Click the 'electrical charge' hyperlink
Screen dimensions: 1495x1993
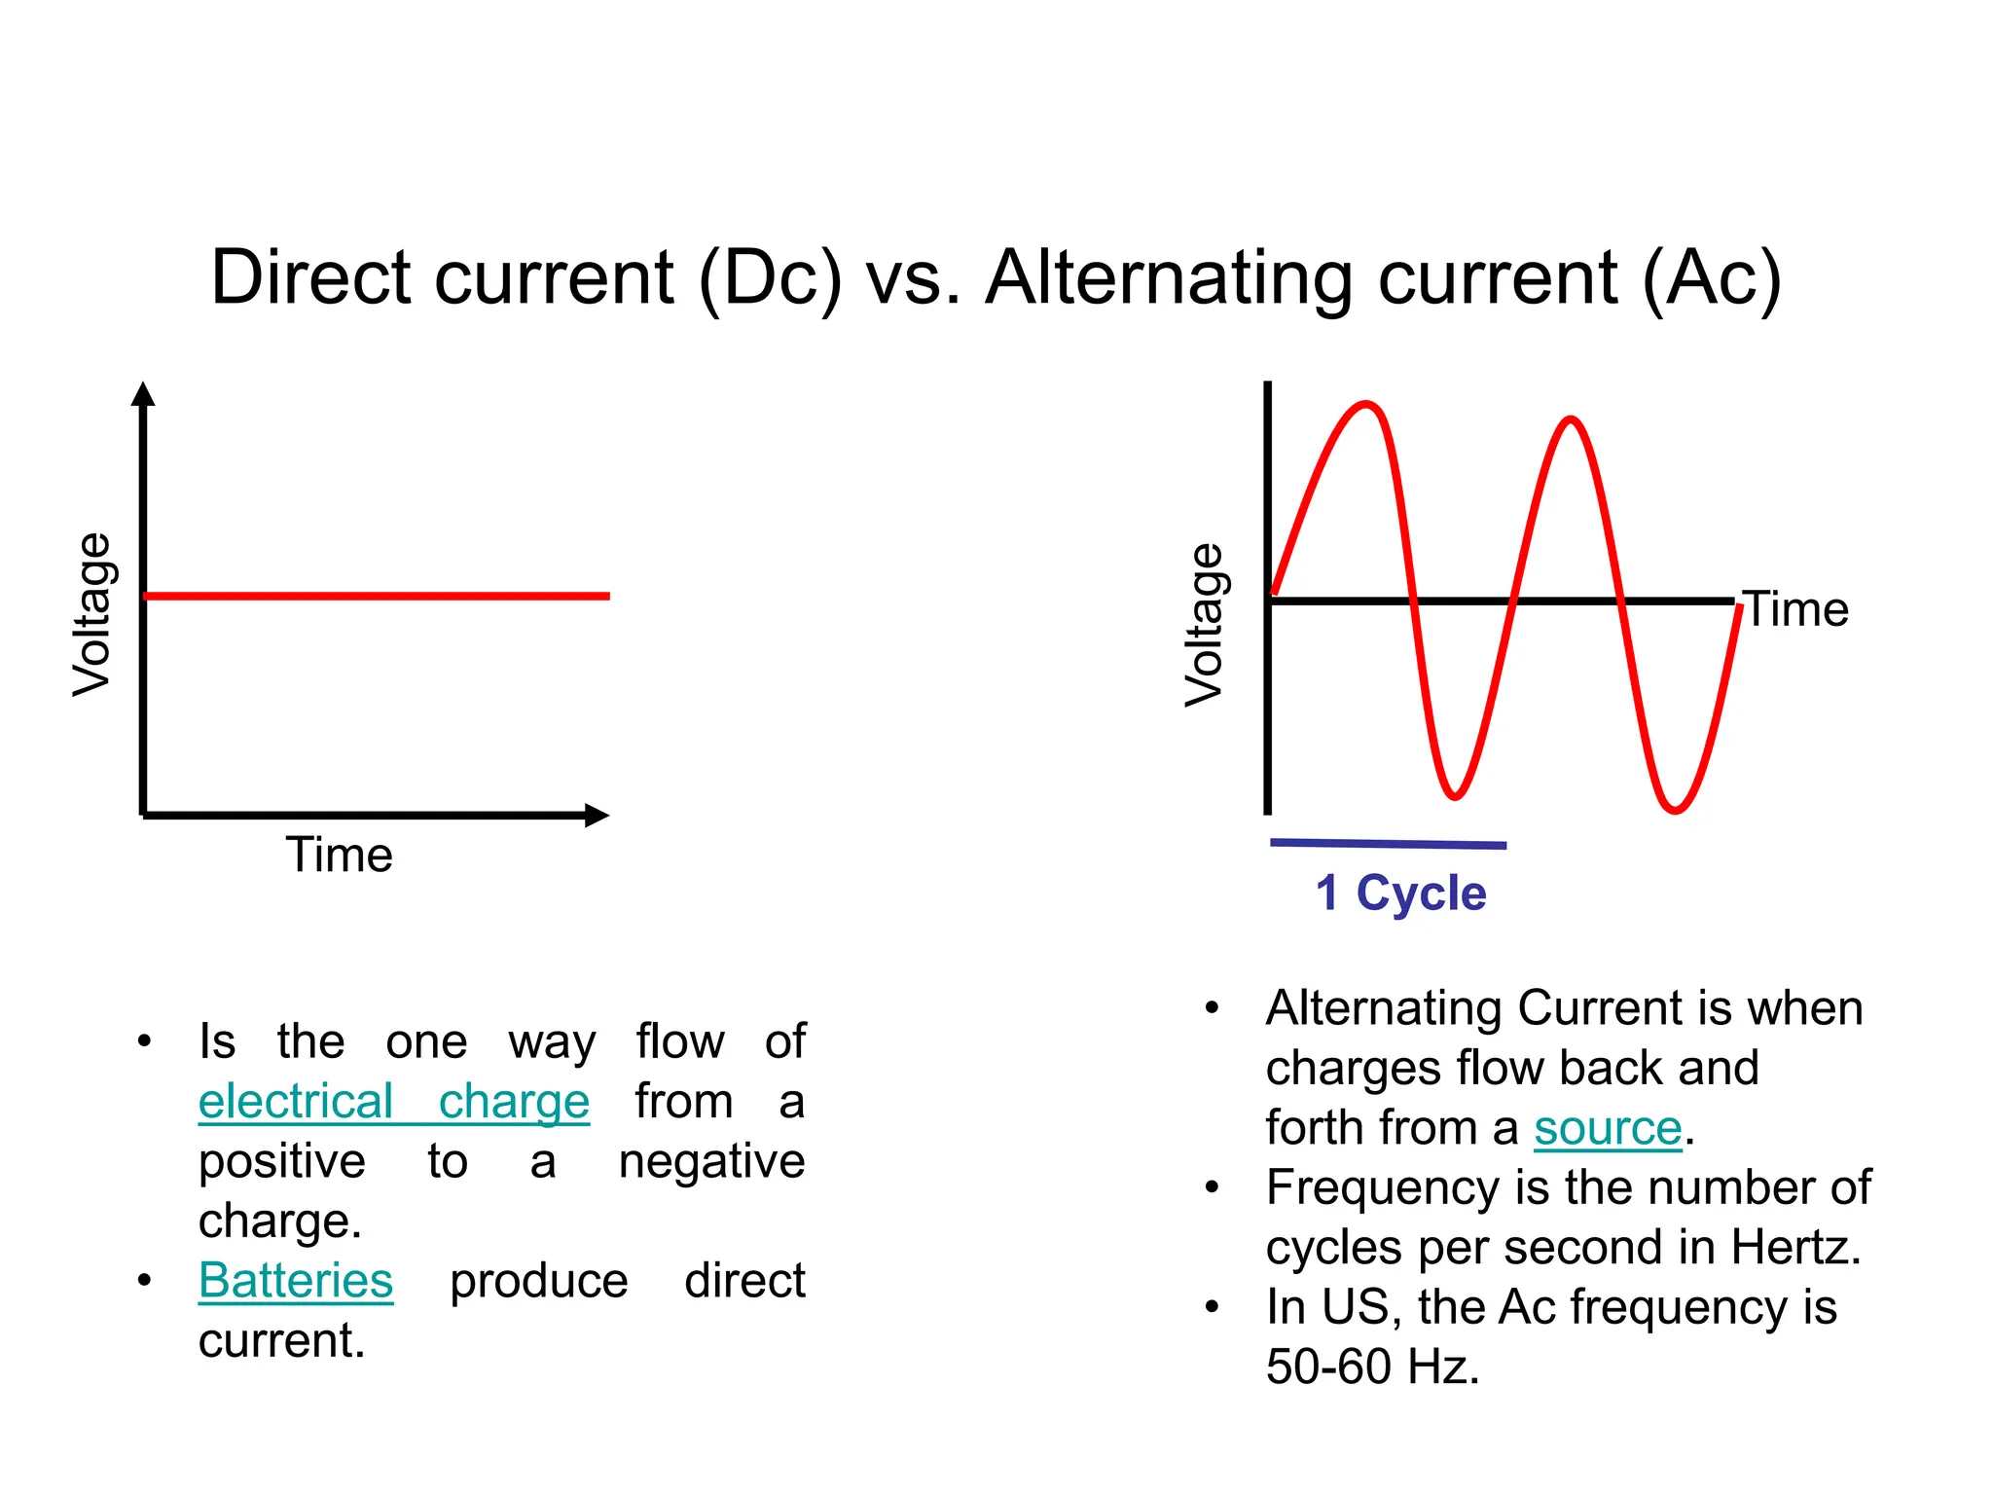pyautogui.click(x=393, y=1102)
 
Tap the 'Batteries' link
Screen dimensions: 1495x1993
pyautogui.click(x=296, y=1281)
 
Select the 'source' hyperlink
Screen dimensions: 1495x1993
pyautogui.click(x=1608, y=1129)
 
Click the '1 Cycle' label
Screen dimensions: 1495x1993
pyautogui.click(x=1400, y=893)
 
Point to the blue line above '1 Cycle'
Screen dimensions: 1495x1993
pyautogui.click(x=1388, y=844)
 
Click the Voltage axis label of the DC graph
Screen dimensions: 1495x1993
pyautogui.click(x=93, y=615)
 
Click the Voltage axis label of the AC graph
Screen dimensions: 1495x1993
pyautogui.click(x=1205, y=625)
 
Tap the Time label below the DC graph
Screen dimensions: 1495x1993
pyautogui.click(x=339, y=856)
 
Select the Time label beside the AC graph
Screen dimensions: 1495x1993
pyautogui.click(x=1796, y=610)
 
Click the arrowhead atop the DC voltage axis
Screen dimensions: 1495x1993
pyautogui.click(x=143, y=393)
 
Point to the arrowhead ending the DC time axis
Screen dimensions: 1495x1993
pyautogui.click(x=597, y=816)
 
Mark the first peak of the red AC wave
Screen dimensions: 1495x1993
pyautogui.click(x=1366, y=404)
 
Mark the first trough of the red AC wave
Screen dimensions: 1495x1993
pyautogui.click(x=1454, y=797)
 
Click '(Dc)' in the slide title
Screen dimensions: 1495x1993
pyautogui.click(x=770, y=278)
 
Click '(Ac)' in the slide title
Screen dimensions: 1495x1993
pyautogui.click(x=1712, y=278)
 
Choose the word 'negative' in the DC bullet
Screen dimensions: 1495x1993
pyautogui.click(x=711, y=1162)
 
